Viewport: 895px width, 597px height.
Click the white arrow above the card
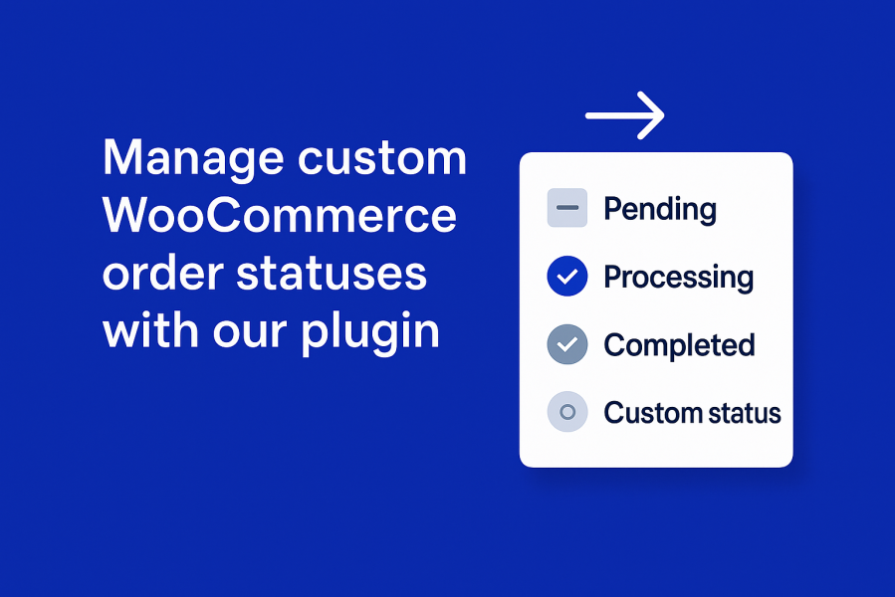625,115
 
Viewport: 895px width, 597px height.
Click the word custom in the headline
382,157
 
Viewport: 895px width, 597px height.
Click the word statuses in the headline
332,274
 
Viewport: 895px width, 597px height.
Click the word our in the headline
250,335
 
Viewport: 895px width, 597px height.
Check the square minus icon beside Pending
567,208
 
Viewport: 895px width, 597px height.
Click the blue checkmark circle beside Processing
567,277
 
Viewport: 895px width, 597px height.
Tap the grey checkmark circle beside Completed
567,344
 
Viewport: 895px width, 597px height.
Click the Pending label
660,210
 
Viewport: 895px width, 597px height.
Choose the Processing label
679,279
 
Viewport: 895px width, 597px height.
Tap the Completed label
679,346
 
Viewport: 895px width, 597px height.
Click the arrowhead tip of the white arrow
664,115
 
